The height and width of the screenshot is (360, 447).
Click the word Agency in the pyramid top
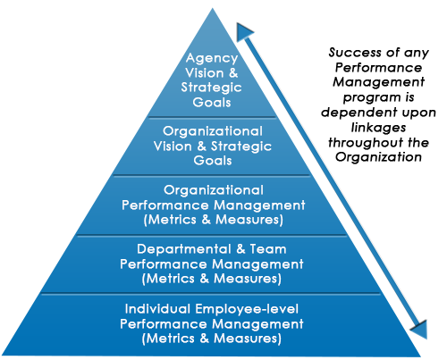(212, 59)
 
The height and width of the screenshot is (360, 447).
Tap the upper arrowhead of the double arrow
(244, 32)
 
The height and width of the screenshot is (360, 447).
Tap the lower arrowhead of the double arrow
(420, 330)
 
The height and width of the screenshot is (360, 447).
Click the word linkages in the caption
(378, 129)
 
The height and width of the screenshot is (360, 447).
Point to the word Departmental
(184, 249)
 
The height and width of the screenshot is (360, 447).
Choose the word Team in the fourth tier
(268, 249)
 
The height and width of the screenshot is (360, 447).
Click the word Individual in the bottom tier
(157, 309)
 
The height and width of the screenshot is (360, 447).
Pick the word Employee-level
(247, 309)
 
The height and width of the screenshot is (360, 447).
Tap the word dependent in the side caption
(359, 113)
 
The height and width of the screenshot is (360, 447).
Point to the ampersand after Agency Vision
(233, 73)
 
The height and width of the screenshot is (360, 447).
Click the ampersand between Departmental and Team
(240, 249)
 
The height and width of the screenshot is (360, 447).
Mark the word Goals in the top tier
(212, 103)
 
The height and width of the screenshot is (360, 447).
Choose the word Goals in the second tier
(213, 161)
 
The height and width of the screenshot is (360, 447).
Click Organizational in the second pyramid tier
(213, 131)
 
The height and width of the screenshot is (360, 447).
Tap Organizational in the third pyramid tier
(214, 190)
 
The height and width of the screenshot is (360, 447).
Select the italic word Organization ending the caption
(378, 157)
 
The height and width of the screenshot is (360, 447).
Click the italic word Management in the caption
(378, 82)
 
